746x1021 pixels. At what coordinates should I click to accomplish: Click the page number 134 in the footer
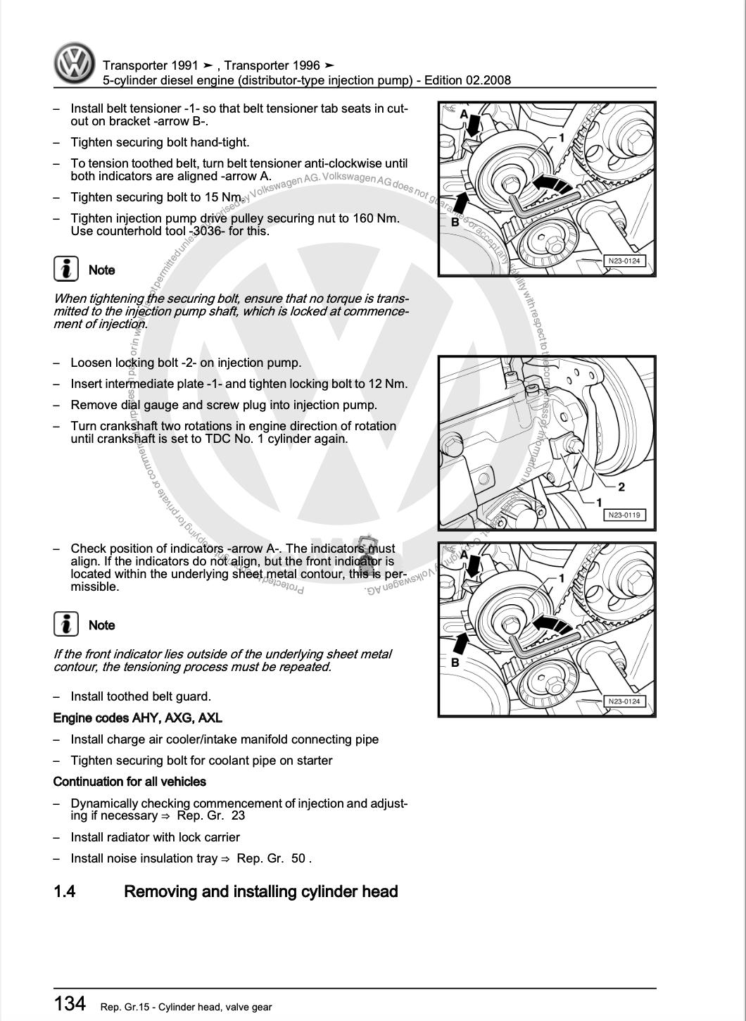pyautogui.click(x=70, y=1003)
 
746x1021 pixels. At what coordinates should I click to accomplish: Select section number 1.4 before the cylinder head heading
pyautogui.click(x=65, y=891)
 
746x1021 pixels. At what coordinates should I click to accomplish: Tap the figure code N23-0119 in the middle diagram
pyautogui.click(x=624, y=515)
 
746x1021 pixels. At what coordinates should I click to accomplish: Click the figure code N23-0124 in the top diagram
pyautogui.click(x=624, y=261)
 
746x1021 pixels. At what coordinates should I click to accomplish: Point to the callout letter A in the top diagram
pyautogui.click(x=464, y=113)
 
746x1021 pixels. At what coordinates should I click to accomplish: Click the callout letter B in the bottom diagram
pyautogui.click(x=455, y=662)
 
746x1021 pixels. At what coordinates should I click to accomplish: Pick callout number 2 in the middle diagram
pyautogui.click(x=621, y=487)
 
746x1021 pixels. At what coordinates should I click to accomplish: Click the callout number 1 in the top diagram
pyautogui.click(x=562, y=137)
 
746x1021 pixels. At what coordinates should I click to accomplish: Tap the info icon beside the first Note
pyautogui.click(x=66, y=269)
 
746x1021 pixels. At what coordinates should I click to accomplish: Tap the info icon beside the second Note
pyautogui.click(x=66, y=624)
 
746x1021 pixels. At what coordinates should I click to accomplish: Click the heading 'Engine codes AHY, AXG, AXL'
pyautogui.click(x=138, y=718)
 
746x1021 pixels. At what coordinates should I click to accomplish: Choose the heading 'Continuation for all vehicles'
pyautogui.click(x=129, y=782)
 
